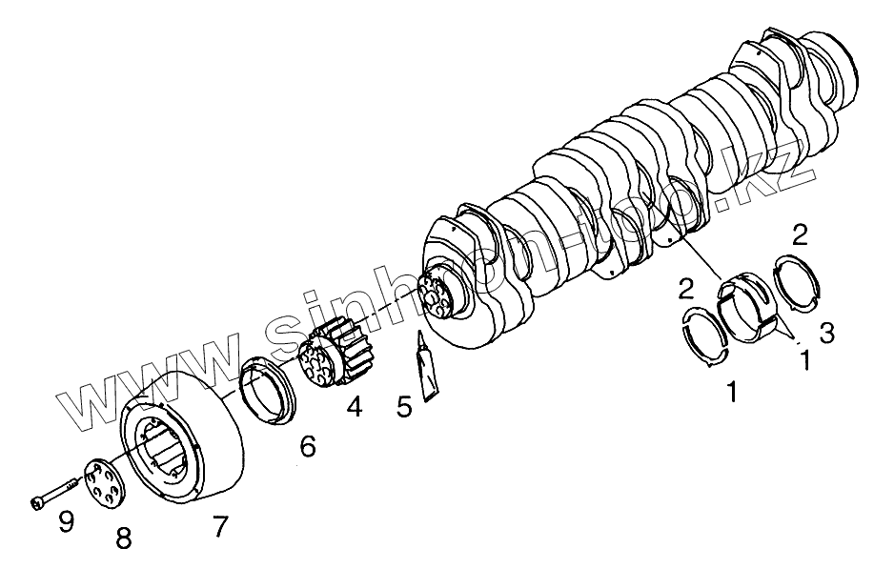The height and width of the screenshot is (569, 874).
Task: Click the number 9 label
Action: pos(65,520)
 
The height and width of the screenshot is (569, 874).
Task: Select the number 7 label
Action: pos(220,525)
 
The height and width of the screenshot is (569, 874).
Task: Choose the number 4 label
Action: pos(354,407)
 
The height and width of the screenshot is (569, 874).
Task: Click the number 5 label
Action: pos(404,407)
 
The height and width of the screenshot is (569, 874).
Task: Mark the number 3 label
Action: pos(826,333)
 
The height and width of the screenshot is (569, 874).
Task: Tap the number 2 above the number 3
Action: pos(801,234)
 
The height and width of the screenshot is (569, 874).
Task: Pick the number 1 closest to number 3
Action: pos(805,361)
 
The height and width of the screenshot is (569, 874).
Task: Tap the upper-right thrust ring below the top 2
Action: pos(797,281)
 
